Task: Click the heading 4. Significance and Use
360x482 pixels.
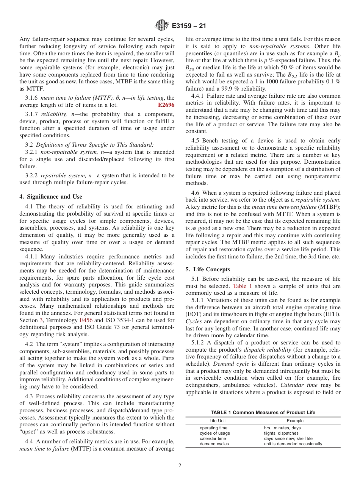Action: (50, 196)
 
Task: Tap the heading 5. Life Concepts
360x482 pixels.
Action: (207, 269)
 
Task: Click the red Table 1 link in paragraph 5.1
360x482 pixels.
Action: (241, 286)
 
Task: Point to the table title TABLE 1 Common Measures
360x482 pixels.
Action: (263, 412)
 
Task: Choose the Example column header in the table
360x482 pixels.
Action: (295, 421)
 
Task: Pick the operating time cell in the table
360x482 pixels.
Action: (213, 428)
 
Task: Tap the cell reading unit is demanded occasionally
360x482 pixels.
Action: (293, 444)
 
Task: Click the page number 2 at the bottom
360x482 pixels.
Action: (180, 466)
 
